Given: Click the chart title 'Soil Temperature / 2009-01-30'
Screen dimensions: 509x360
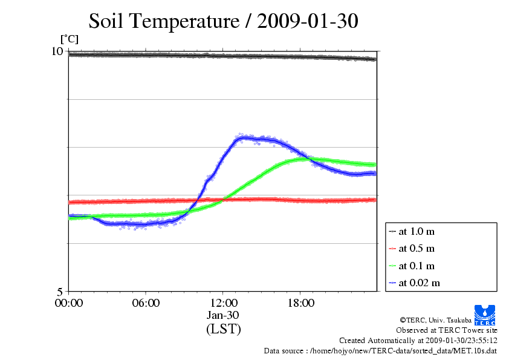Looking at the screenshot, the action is [223, 21].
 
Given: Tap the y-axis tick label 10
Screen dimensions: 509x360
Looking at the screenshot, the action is [57, 51].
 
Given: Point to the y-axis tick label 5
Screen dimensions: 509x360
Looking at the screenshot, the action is [59, 292].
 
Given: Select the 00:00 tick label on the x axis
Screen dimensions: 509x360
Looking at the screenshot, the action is [69, 303].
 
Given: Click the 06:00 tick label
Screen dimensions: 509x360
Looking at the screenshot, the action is [146, 303].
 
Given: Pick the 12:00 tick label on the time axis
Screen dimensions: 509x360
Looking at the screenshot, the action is [223, 303].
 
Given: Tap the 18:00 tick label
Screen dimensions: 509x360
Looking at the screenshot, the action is [301, 303].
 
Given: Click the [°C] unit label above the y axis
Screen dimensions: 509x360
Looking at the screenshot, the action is [70, 39].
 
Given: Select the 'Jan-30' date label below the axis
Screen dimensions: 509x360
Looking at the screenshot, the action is [223, 315].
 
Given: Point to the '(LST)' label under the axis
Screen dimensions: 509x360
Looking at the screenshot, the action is [223, 329].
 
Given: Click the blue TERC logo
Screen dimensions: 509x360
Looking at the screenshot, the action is [485, 315].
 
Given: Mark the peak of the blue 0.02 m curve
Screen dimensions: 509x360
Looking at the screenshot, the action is [244, 138].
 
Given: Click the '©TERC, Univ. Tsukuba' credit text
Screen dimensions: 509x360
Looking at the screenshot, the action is [436, 320].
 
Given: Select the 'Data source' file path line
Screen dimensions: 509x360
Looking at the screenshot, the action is [380, 351].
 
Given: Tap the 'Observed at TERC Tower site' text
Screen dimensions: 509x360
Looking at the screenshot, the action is [446, 330].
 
